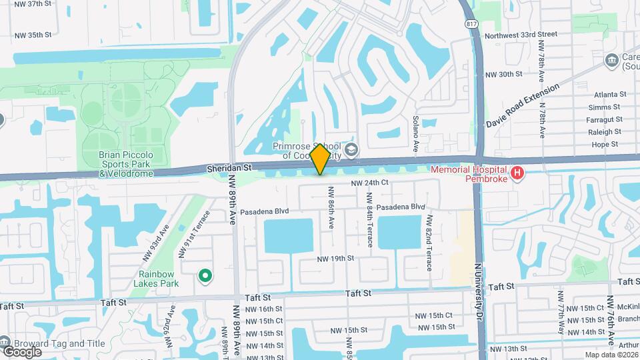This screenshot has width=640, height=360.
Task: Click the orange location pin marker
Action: point(320,159)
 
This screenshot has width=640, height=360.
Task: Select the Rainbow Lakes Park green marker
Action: point(205,275)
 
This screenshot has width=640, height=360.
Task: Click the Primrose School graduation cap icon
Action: point(351,148)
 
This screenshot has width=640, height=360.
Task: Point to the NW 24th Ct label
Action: point(369,182)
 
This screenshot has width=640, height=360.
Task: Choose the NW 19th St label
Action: point(335,259)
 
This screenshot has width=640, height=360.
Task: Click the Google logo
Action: point(22,351)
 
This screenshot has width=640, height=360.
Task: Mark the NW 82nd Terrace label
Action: point(429,243)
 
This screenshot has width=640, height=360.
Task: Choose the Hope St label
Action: point(605,144)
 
